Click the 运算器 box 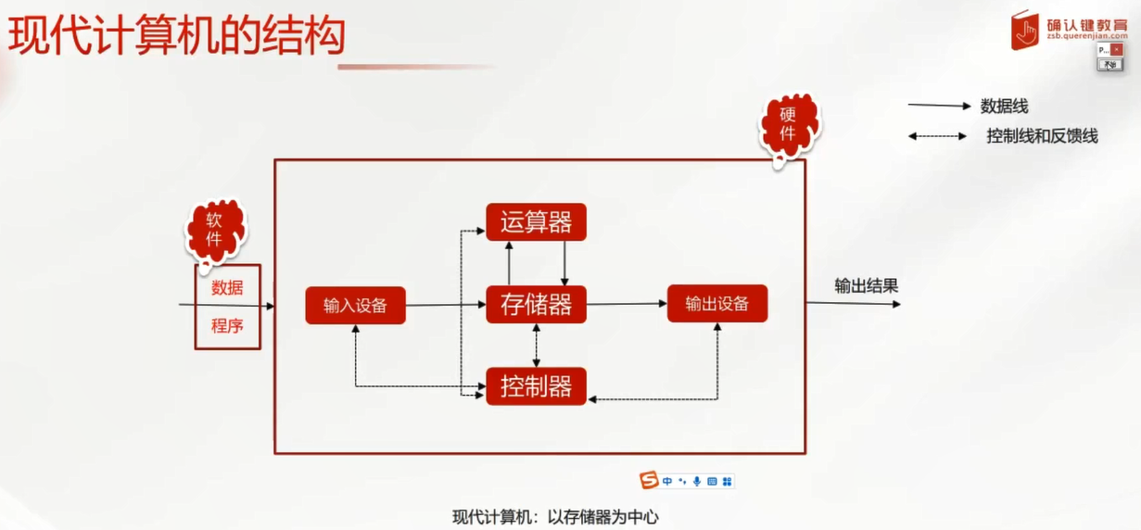click(536, 222)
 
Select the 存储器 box click(536, 305)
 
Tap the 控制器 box click(536, 386)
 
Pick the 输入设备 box click(355, 306)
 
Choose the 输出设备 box click(717, 304)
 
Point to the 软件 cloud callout click(215, 230)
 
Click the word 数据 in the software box click(227, 288)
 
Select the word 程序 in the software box click(227, 326)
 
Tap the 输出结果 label click(866, 285)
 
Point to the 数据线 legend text click(1005, 107)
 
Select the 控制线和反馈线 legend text click(1042, 136)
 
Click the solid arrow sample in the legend click(938, 106)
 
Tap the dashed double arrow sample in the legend click(938, 136)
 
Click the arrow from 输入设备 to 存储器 click(446, 305)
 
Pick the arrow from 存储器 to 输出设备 click(627, 304)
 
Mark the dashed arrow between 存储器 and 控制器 click(537, 346)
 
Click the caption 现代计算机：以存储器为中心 click(555, 517)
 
